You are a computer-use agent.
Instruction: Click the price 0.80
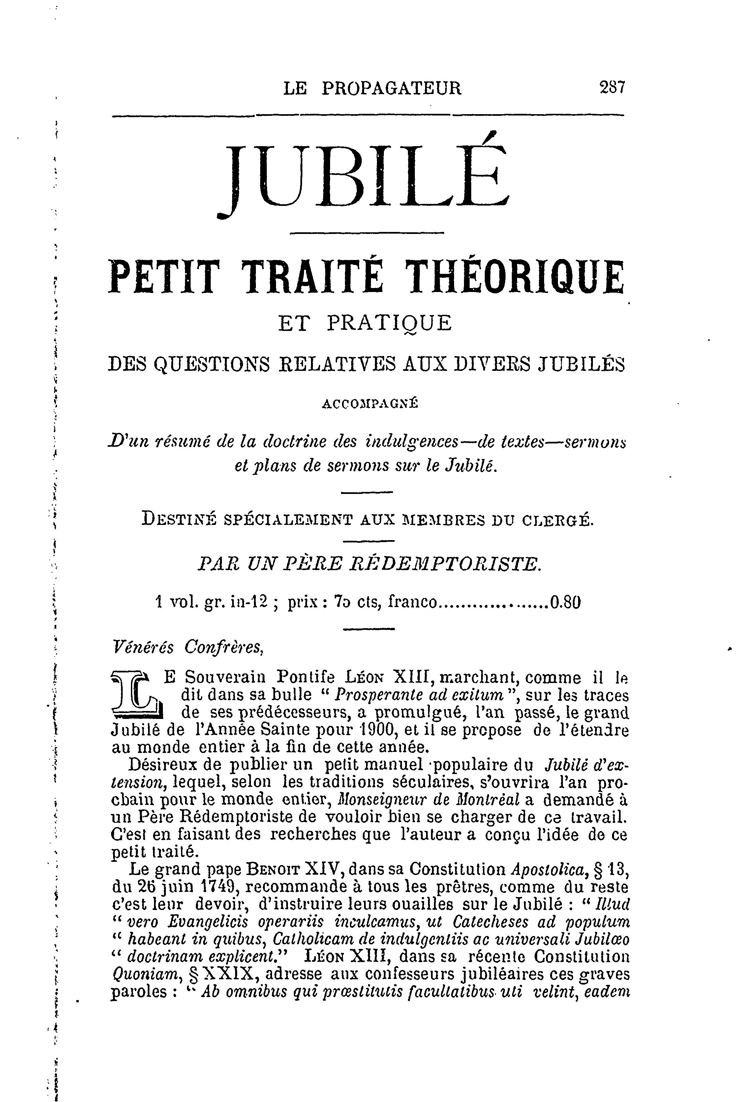[565, 602]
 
